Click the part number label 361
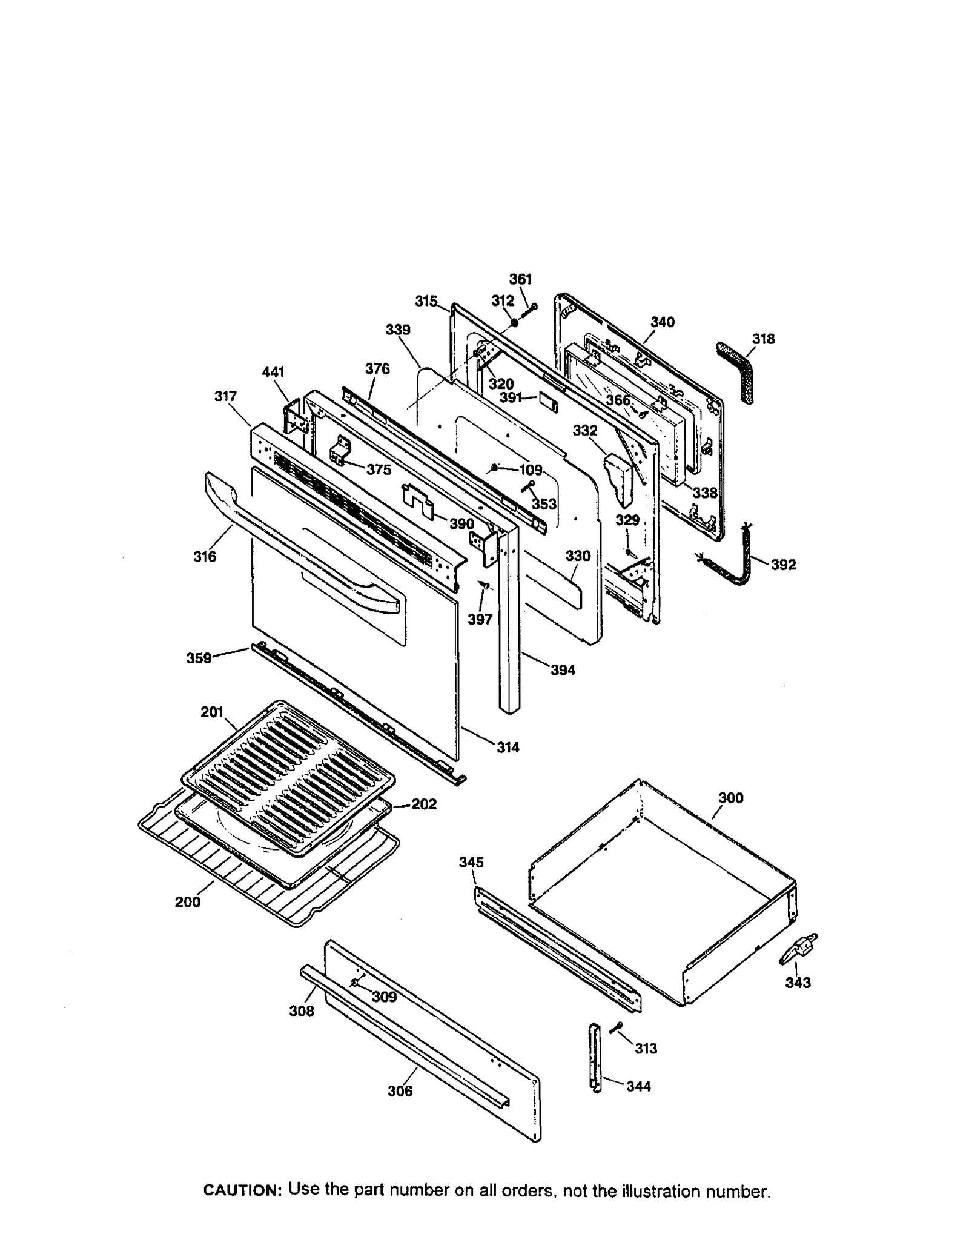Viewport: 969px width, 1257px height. tap(519, 279)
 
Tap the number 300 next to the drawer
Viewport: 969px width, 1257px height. tap(730, 798)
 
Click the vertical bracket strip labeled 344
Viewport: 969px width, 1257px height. tap(595, 1057)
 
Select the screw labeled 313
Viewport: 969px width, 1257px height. tap(617, 1027)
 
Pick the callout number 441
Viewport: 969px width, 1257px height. tap(273, 372)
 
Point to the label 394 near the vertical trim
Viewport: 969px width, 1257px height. tap(563, 670)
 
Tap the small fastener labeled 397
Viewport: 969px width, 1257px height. tap(484, 585)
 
